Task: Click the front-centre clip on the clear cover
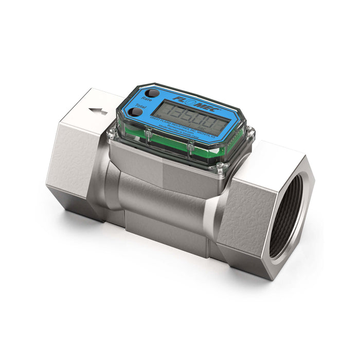pyautogui.click(x=190, y=149)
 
